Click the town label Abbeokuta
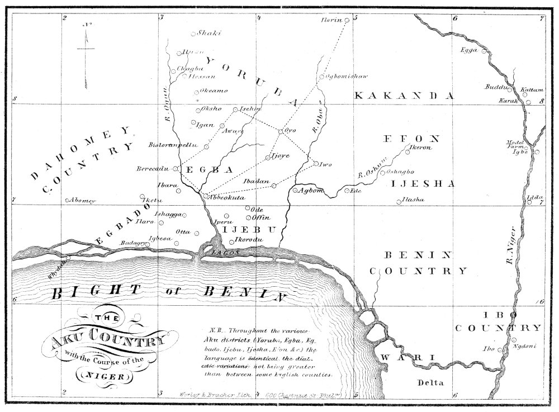point(228,197)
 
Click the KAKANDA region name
point(402,96)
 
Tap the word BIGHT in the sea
point(95,291)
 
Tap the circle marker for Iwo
point(316,164)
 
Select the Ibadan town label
point(257,182)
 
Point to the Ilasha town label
point(414,200)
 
